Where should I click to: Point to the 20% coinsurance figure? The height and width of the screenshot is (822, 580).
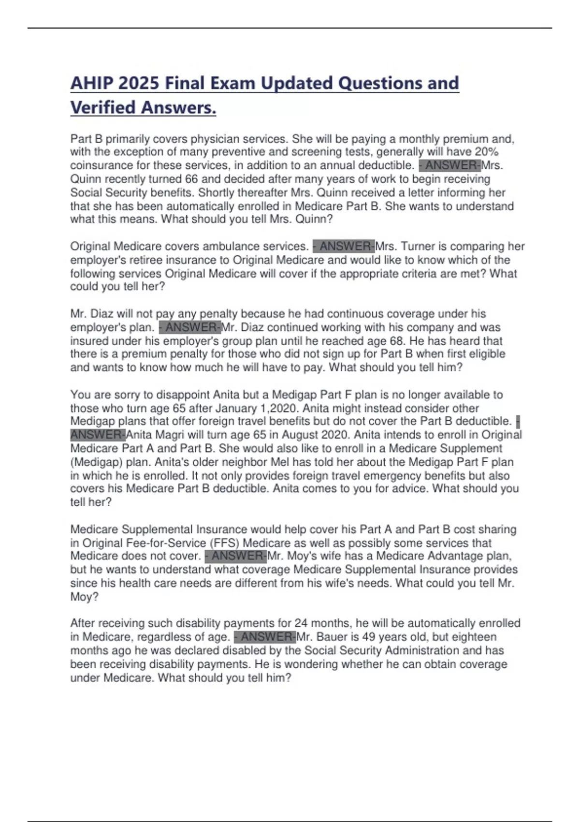486,152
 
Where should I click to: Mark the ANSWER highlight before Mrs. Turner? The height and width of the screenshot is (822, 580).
344,247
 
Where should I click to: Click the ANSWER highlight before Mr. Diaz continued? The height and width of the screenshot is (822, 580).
190,327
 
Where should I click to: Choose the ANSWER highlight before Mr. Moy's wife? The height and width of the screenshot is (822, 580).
236,556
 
